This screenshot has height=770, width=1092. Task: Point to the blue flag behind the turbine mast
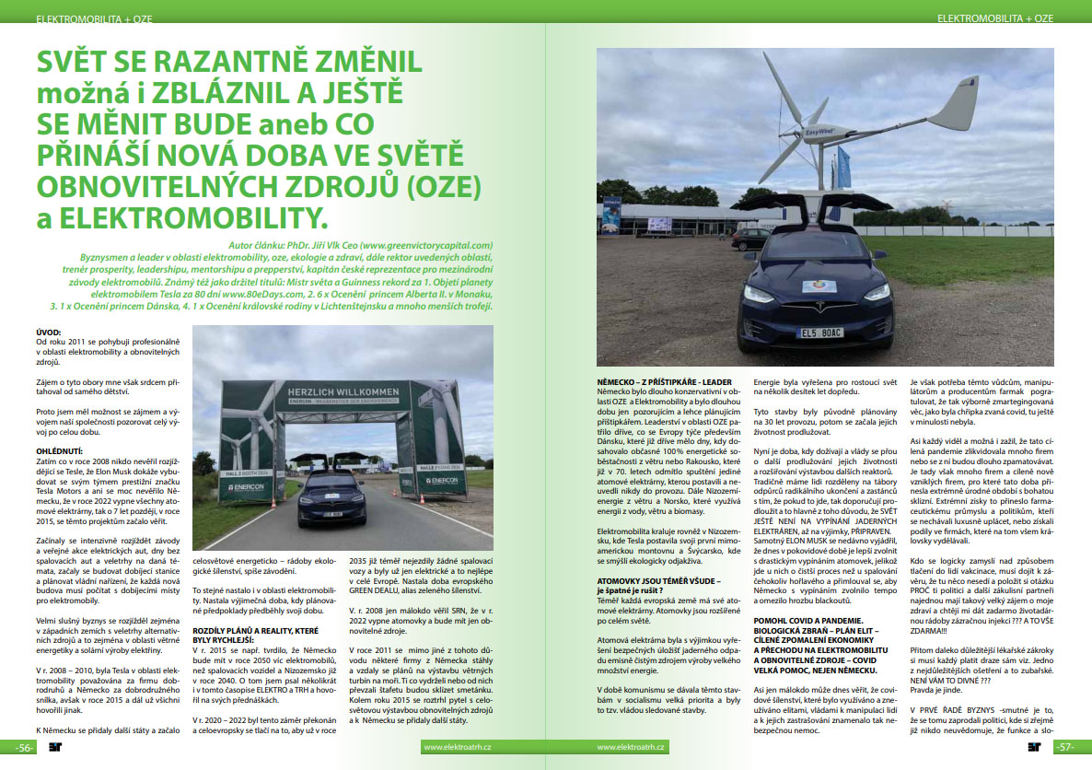[844, 169]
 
